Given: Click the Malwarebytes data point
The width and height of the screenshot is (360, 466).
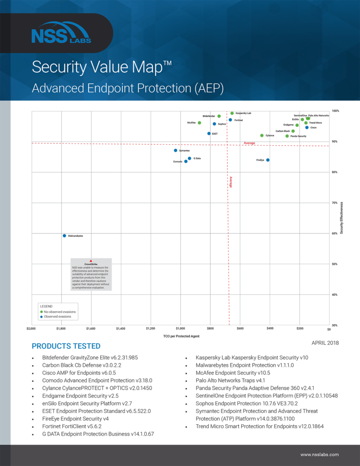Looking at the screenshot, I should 64,236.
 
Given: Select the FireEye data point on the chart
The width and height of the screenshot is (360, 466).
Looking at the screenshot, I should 268,160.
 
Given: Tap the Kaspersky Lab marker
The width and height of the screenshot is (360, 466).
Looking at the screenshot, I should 232,113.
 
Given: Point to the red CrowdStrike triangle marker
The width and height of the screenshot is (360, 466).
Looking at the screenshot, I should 91,261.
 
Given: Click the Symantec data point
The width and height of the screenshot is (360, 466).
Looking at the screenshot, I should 176,151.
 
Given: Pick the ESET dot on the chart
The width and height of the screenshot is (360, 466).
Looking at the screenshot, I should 209,134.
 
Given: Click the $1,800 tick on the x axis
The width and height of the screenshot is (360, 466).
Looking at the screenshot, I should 61,329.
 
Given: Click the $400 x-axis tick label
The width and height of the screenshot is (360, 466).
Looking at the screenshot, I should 270,329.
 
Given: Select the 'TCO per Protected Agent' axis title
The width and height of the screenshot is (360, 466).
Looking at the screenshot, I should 181,336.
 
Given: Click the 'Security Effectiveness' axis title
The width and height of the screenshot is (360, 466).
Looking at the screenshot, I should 341,218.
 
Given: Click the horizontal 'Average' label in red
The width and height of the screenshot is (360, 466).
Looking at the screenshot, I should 249,143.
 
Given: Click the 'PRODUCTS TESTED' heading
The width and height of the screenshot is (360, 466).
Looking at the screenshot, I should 66,346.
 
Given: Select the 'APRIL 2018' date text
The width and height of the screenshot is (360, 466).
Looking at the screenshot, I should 325,343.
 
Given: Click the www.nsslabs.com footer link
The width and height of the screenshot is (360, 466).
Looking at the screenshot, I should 319,455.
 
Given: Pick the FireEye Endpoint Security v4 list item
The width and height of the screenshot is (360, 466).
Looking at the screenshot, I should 75,419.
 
